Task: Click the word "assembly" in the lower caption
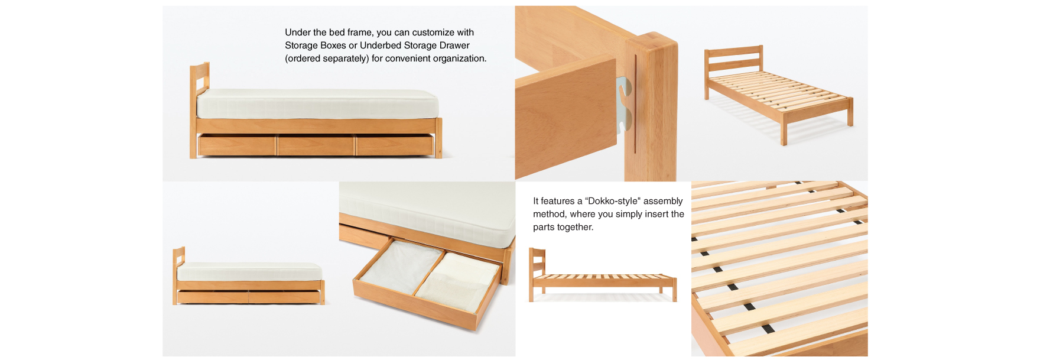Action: (663, 202)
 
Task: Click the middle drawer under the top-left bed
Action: (316, 145)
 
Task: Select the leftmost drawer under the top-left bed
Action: (237, 145)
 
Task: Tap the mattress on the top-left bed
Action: (317, 104)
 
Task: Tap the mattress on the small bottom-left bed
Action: (249, 272)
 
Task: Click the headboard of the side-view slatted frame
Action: (537, 263)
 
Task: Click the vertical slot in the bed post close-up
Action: (635, 104)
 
